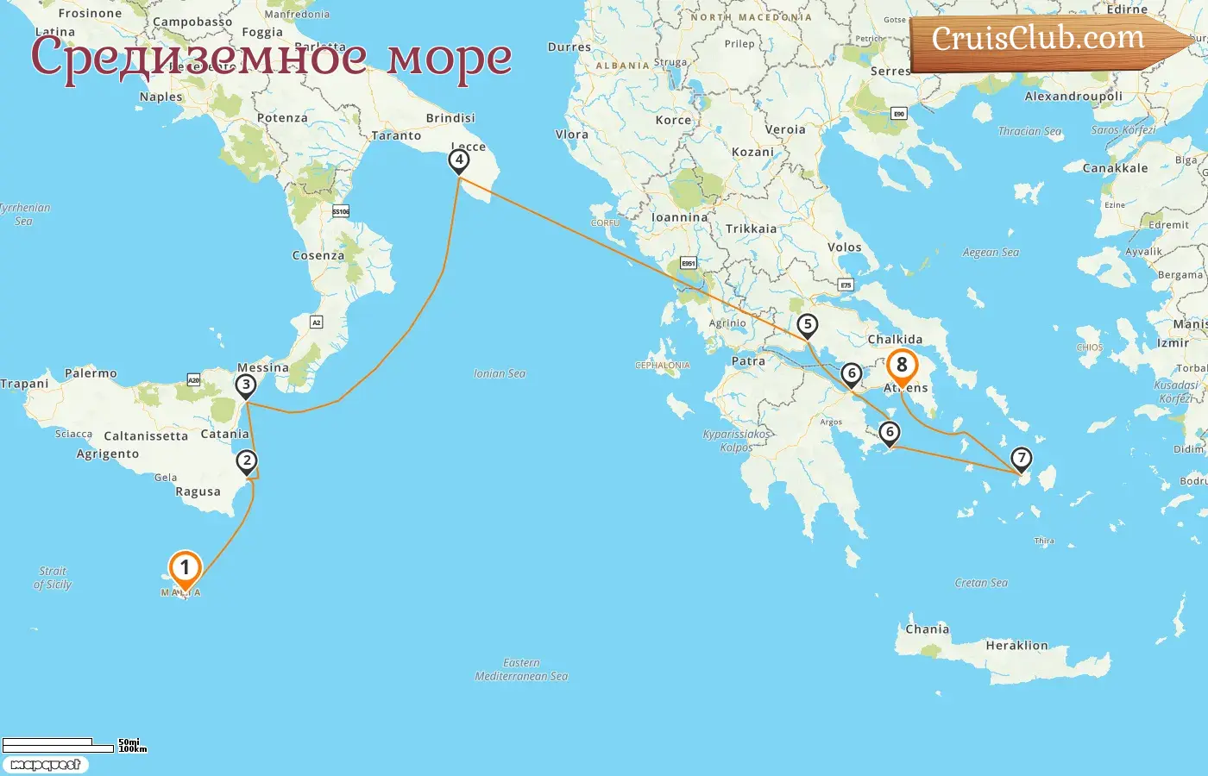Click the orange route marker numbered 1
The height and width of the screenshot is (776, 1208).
tap(185, 569)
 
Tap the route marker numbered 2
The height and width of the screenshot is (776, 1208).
tap(247, 461)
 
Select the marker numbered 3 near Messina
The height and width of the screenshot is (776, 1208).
tap(246, 385)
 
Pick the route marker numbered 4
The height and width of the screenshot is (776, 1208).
tap(459, 160)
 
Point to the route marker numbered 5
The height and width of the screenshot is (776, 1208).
tap(807, 325)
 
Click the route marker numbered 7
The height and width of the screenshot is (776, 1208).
tap(1021, 458)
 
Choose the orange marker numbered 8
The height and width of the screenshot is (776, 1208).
tap(902, 366)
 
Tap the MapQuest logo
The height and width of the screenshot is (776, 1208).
tap(45, 765)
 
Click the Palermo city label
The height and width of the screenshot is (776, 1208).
tap(91, 373)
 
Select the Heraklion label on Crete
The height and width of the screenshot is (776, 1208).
tap(1016, 645)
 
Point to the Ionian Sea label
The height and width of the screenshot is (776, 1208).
tap(500, 373)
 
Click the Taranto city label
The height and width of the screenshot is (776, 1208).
tap(396, 135)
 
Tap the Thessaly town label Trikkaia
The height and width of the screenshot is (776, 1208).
tap(751, 228)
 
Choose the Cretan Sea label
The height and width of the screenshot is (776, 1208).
tap(981, 583)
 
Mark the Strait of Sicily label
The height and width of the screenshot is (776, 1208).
tap(53, 578)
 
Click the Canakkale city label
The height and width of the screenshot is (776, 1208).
tap(1115, 168)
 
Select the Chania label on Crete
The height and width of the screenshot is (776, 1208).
tap(927, 629)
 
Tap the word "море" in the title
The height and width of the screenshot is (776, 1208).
tap(449, 57)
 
